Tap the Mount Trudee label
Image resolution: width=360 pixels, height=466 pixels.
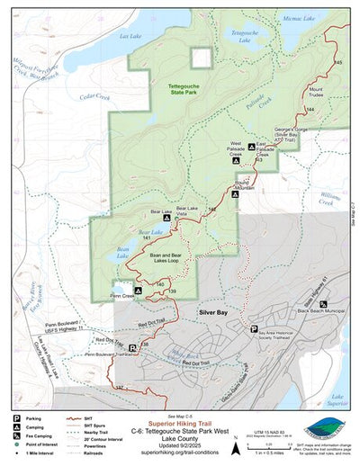321,93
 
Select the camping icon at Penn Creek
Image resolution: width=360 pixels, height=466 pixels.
138,291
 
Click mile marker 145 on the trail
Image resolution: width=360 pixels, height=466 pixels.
337,62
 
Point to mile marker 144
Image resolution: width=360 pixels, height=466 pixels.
310,108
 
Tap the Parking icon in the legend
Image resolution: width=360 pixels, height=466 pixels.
16,418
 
